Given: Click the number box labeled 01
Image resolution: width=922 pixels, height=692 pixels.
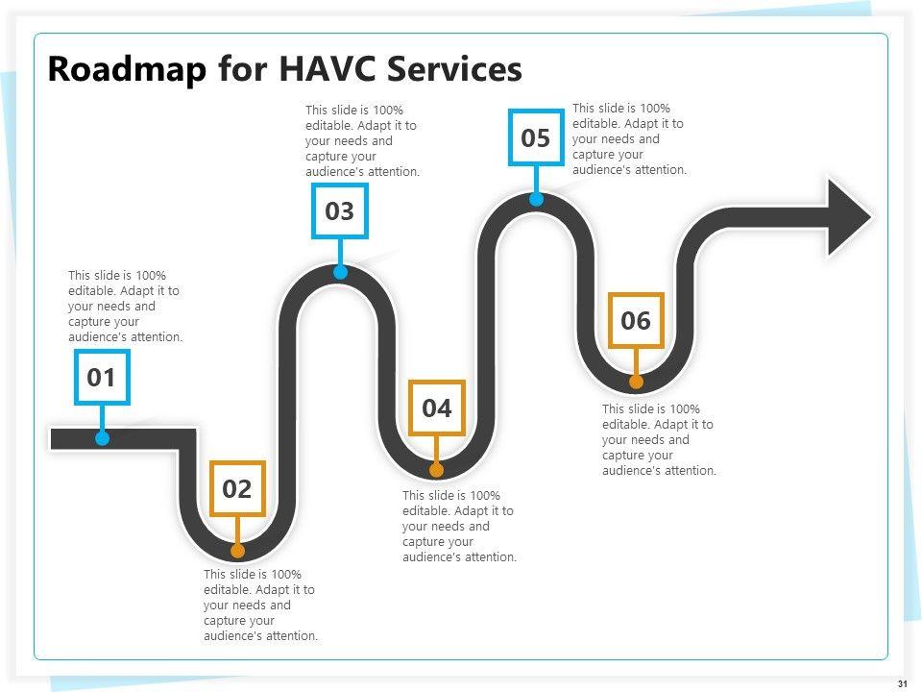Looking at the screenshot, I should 102,378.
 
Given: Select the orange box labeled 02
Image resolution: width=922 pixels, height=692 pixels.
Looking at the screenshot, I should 237,489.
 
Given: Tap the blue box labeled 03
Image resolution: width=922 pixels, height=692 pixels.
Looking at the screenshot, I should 340,211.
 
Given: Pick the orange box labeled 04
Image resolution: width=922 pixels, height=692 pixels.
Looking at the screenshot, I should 437,408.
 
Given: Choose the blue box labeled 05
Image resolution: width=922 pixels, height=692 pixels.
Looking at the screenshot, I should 536,138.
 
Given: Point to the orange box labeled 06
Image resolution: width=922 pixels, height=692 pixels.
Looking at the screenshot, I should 636,320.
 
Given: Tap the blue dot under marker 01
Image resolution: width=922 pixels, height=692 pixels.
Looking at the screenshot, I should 103,438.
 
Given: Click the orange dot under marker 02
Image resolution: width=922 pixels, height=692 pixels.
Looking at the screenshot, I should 238,551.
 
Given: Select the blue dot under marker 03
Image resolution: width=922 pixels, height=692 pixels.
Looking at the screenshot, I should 340,272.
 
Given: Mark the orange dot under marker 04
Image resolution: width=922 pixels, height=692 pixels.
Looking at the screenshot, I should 437,470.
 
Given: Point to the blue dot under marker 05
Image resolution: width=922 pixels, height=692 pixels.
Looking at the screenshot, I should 536,199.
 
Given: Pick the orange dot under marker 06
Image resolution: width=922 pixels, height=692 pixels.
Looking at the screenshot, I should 636,382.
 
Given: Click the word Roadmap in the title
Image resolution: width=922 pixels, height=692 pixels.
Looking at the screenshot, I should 127,70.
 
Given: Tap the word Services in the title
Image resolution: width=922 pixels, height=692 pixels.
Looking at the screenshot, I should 458,70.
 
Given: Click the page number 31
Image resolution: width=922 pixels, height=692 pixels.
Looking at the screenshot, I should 902,683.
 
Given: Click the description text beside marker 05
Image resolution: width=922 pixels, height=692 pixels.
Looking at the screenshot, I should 629,139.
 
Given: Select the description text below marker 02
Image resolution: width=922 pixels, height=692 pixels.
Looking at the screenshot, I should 260,605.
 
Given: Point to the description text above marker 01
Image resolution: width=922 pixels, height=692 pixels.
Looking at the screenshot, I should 125,307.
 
